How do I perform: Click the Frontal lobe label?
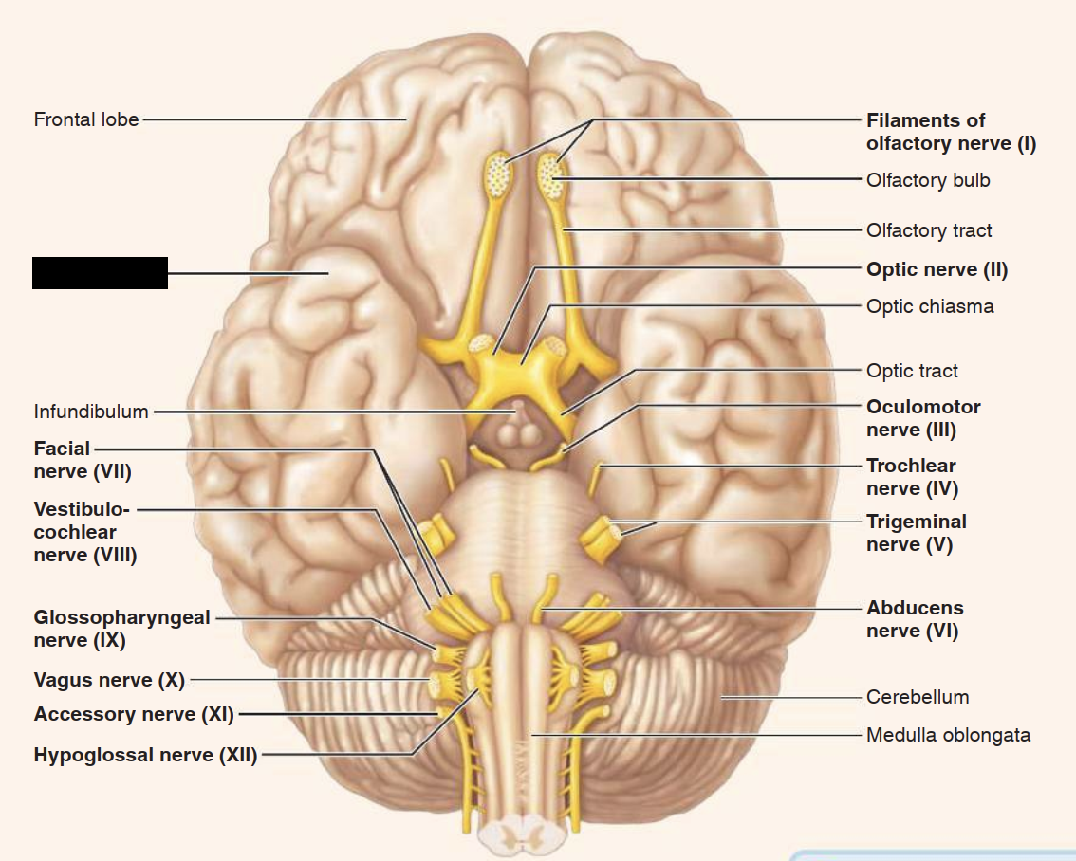[86, 120]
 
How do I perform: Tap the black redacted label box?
[100, 272]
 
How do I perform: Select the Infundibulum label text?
[91, 412]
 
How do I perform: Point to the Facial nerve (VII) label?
[83, 460]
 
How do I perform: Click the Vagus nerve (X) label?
[109, 680]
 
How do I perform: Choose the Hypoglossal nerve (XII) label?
[145, 756]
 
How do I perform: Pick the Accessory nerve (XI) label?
[134, 714]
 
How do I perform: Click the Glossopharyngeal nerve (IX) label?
[121, 629]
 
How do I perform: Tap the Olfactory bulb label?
[928, 180]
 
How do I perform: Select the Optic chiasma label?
[930, 306]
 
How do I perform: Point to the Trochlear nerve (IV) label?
[912, 477]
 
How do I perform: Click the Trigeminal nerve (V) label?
[917, 533]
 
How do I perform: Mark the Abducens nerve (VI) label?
[915, 619]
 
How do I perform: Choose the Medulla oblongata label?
[948, 735]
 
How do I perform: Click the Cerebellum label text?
[918, 697]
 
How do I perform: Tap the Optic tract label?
[912, 371]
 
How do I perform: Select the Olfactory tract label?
[929, 230]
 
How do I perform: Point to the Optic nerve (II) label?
[937, 269]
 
